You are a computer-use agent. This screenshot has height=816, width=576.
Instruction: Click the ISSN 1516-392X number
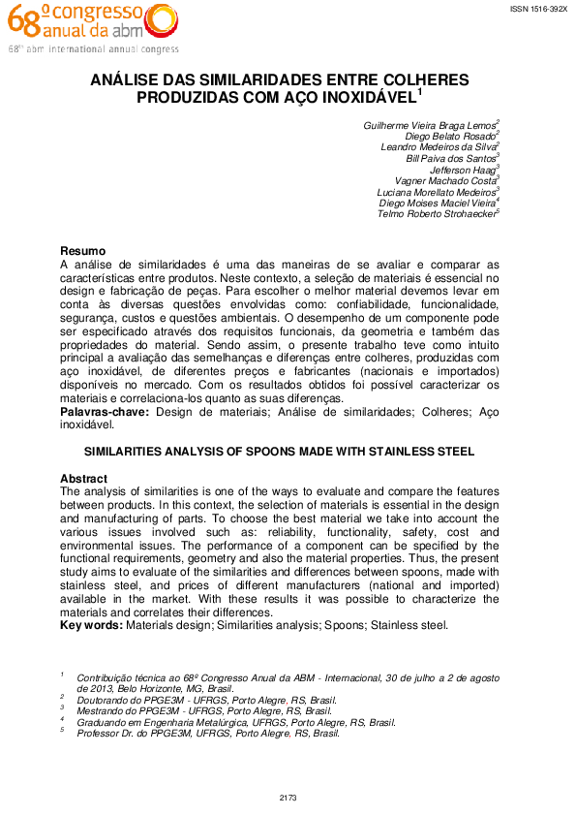click(539, 8)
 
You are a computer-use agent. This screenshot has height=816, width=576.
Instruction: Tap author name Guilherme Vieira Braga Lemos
click(428, 126)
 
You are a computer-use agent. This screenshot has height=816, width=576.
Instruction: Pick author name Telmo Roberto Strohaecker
click(436, 214)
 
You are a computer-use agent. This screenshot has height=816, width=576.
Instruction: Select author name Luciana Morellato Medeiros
click(435, 192)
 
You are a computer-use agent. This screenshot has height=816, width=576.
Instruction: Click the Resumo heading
click(82, 251)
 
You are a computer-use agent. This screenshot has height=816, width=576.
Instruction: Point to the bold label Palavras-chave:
click(105, 412)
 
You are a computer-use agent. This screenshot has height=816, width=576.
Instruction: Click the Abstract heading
click(83, 479)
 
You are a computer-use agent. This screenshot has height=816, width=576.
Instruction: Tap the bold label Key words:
click(91, 625)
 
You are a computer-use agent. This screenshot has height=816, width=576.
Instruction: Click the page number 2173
click(288, 798)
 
